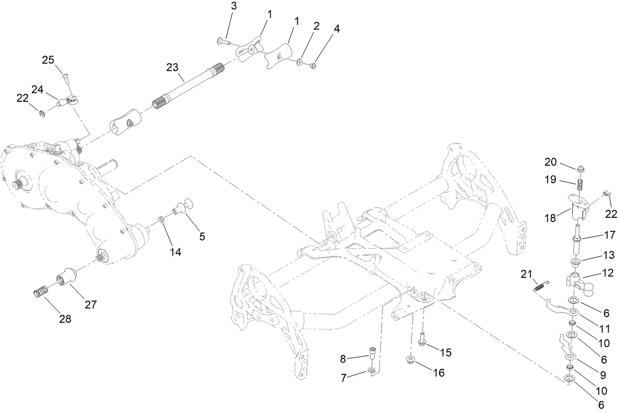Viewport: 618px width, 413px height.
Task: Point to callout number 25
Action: point(48,60)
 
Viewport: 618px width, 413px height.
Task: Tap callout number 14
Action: point(175,252)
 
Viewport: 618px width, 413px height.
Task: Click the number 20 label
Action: point(551,162)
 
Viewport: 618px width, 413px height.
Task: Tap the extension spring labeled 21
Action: point(540,288)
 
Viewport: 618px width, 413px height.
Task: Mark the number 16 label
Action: point(438,373)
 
